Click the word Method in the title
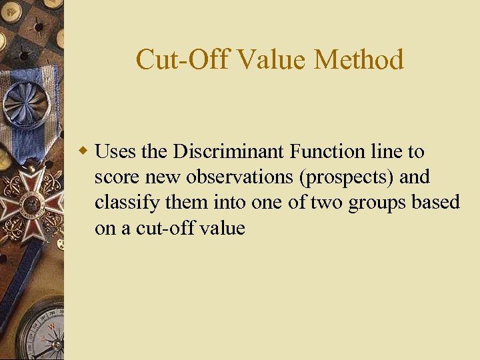[x=359, y=60]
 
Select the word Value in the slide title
[x=270, y=60]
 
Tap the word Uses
[x=117, y=152]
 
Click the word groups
[x=388, y=203]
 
